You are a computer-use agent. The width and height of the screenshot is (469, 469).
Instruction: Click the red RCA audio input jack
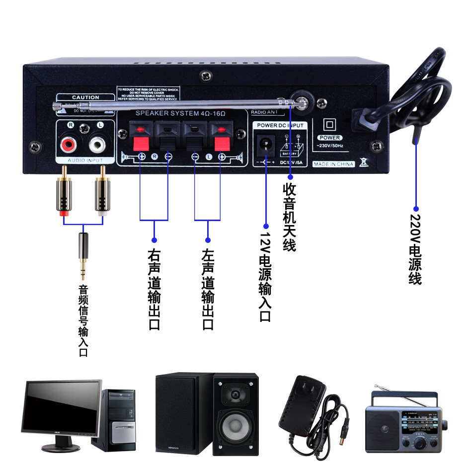pos(68,145)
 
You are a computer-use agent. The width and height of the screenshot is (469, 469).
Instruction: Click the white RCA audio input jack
pos(98,145)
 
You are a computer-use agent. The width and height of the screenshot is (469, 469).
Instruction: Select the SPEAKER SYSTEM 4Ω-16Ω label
pos(181,114)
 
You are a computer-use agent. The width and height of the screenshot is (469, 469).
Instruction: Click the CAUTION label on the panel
pos(85,97)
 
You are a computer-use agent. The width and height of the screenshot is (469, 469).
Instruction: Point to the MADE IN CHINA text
pos(334,164)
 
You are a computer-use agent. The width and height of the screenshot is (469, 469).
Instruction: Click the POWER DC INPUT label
pos(280,126)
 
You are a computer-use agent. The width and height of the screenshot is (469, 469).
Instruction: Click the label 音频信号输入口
pos(83,320)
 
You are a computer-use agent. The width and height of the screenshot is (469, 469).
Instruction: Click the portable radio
pos(405,422)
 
